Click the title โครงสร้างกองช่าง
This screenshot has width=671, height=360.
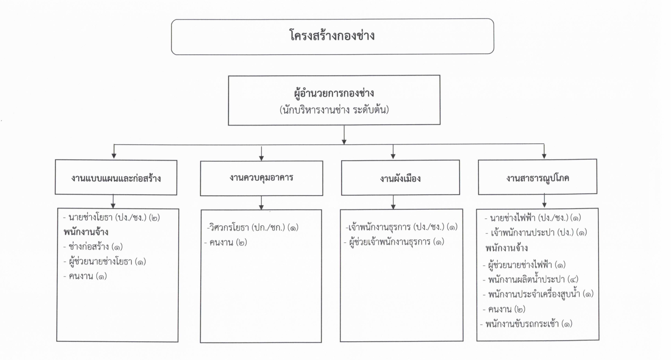click(332, 36)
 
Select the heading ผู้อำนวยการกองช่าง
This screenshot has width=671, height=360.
click(334, 93)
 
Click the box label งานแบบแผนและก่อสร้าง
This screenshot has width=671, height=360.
click(116, 178)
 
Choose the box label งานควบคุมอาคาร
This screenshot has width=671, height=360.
click(261, 178)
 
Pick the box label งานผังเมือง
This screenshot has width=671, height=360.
click(400, 179)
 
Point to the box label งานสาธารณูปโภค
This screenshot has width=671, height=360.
click(538, 178)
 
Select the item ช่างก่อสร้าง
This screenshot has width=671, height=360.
click(89, 247)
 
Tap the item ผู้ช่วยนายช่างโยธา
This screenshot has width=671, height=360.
click(100, 261)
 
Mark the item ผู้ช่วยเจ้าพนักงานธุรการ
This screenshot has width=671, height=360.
click(390, 242)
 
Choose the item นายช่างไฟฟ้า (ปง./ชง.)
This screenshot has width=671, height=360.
click(529, 218)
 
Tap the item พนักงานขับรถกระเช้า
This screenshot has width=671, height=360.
click(522, 324)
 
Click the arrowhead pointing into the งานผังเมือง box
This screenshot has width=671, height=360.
click(393, 156)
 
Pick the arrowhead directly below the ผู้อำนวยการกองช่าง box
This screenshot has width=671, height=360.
click(344, 142)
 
